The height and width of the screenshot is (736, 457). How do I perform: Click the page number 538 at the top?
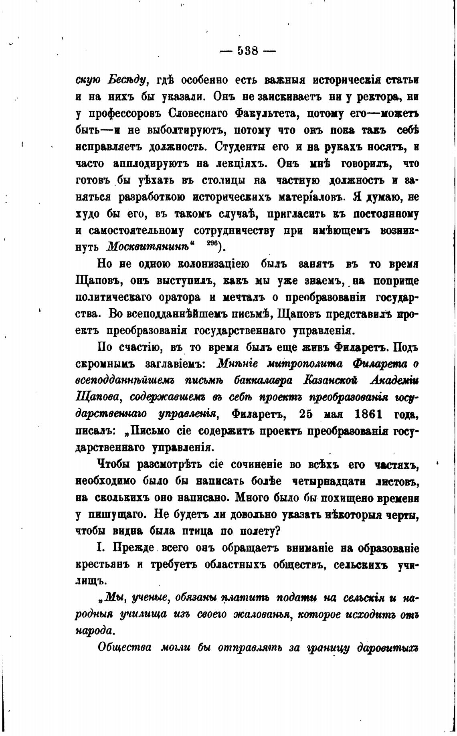coord(247,51)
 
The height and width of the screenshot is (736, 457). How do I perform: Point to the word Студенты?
coord(239,147)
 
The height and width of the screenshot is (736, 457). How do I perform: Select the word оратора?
coord(180,298)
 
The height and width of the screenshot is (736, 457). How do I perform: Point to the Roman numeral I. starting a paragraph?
coord(101,548)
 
